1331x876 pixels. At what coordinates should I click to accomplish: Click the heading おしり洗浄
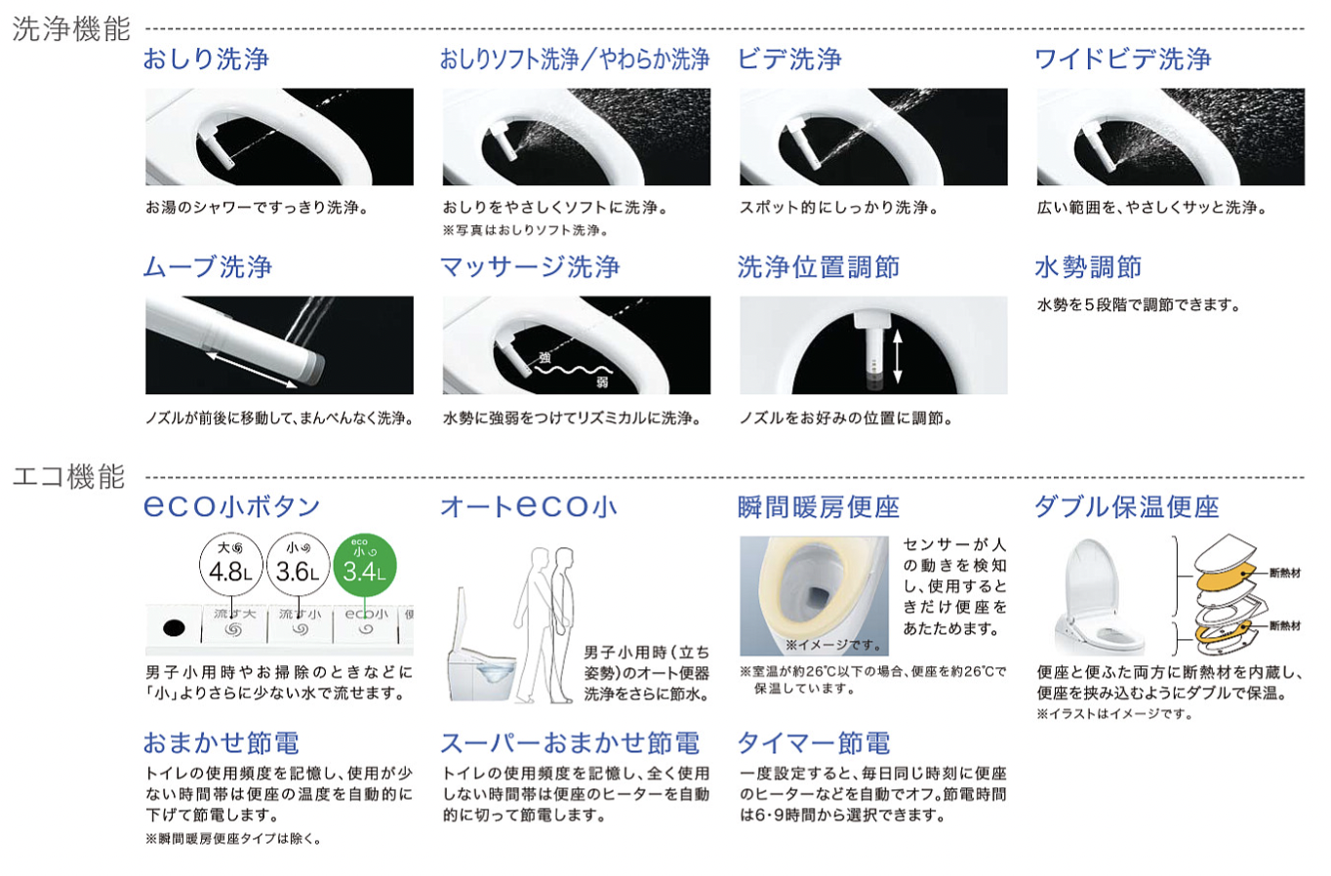click(x=206, y=60)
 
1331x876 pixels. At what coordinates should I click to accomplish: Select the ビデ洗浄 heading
click(x=789, y=60)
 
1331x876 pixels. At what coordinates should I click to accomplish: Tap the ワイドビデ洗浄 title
click(x=1122, y=60)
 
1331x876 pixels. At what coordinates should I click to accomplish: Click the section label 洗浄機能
click(x=71, y=28)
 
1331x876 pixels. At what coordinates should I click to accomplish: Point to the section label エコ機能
click(x=69, y=476)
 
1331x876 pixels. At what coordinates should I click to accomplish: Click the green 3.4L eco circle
click(x=364, y=565)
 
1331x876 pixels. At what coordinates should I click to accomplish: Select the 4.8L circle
click(x=230, y=565)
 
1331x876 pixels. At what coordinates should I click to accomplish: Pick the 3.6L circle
click(x=298, y=565)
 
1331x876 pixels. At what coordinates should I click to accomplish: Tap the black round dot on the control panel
click(x=174, y=628)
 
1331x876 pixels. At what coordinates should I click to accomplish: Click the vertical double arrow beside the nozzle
click(x=897, y=356)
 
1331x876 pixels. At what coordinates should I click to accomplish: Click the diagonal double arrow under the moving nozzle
click(x=252, y=370)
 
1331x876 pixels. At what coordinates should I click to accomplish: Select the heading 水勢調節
click(x=1088, y=267)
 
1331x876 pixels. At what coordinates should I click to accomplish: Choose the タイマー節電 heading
click(x=814, y=743)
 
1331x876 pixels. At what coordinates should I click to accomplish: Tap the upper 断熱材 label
click(x=1285, y=574)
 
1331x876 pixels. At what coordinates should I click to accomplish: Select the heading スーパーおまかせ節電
click(x=570, y=743)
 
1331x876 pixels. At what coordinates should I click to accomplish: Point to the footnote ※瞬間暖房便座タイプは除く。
click(x=233, y=839)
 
